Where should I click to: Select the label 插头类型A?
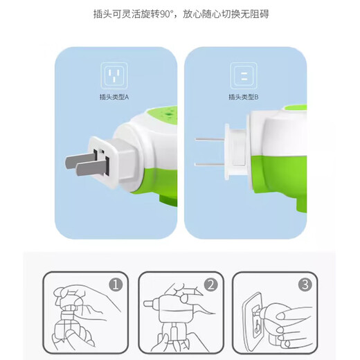click(x=116, y=98)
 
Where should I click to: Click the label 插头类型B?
click(x=244, y=98)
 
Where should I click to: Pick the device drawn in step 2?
click(x=173, y=318)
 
